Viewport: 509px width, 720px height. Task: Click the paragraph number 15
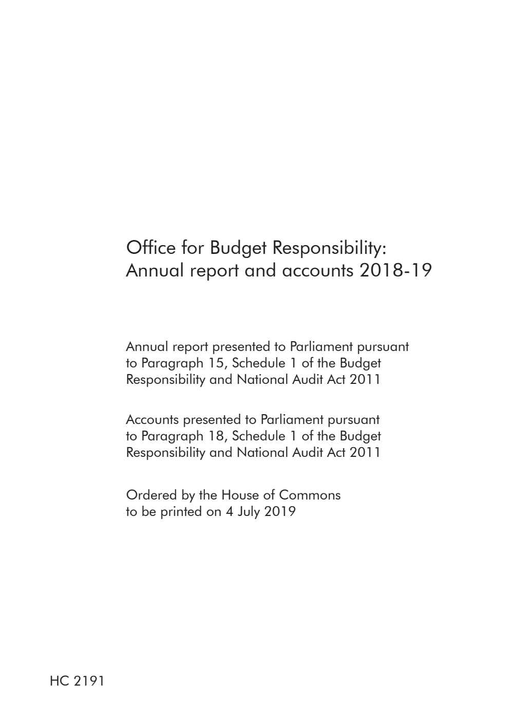click(x=218, y=363)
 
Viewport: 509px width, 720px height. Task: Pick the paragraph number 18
click(x=218, y=436)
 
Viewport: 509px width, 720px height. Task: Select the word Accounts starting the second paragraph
click(x=152, y=420)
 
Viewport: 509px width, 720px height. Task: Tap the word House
click(x=239, y=495)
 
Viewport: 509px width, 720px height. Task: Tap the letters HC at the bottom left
click(x=60, y=681)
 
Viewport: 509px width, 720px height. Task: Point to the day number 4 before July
click(x=229, y=512)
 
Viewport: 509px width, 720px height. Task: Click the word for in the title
click(x=193, y=248)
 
